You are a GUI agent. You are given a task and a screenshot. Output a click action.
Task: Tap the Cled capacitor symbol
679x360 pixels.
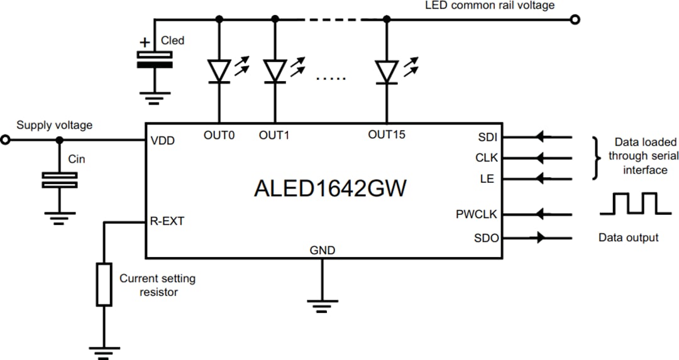pyautogui.click(x=155, y=60)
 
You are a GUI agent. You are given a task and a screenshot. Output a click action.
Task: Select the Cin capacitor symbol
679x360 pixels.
pyautogui.click(x=59, y=180)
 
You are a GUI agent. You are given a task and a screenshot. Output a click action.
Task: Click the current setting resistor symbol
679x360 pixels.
pyautogui.click(x=104, y=285)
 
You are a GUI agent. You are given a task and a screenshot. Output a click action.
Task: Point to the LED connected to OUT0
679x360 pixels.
pyautogui.click(x=219, y=71)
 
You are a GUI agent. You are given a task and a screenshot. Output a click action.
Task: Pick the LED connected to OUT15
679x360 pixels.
pyautogui.click(x=386, y=71)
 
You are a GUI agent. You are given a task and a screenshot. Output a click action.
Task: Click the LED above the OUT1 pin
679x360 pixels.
pyautogui.click(x=275, y=71)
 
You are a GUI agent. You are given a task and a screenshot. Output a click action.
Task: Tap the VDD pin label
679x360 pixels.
pyautogui.click(x=163, y=141)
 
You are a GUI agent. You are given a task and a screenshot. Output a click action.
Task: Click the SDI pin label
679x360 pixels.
pyautogui.click(x=486, y=137)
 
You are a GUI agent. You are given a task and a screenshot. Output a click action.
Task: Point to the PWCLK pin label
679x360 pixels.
pyautogui.click(x=476, y=215)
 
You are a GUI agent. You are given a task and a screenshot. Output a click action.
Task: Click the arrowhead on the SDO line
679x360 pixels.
pyautogui.click(x=540, y=239)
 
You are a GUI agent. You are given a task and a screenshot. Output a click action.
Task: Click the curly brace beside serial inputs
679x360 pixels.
pyautogui.click(x=597, y=158)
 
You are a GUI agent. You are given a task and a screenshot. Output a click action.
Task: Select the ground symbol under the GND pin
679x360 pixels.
pyautogui.click(x=322, y=307)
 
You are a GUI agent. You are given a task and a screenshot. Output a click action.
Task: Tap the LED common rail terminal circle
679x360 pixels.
pyautogui.click(x=574, y=19)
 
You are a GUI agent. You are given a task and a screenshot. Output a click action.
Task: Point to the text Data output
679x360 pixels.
pyautogui.click(x=629, y=237)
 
